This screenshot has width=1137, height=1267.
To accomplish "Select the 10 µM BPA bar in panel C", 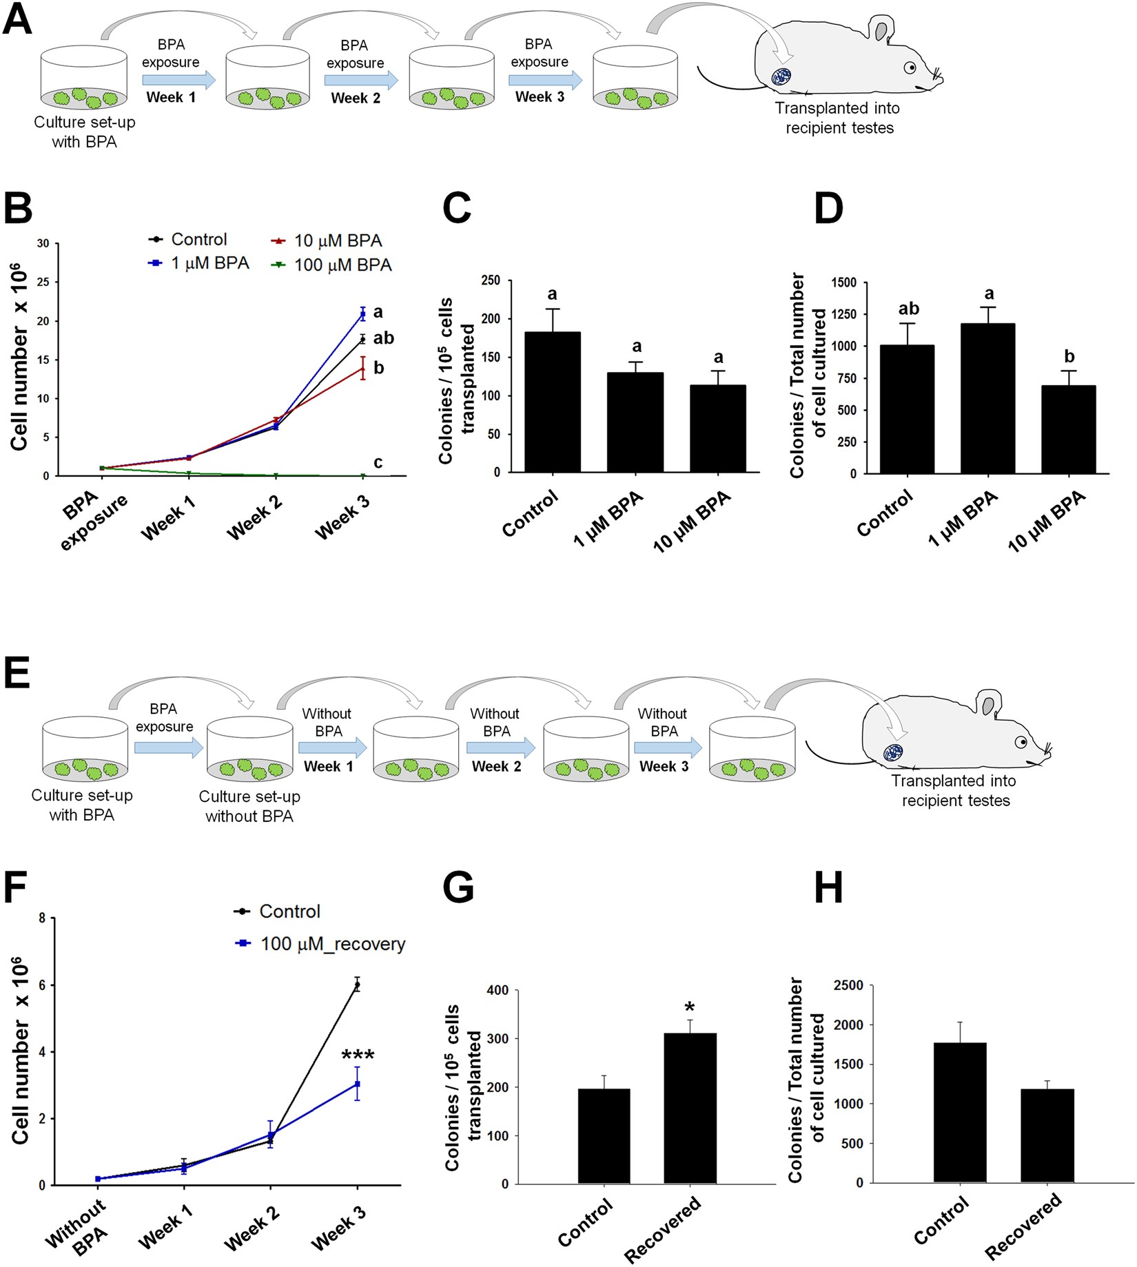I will [x=718, y=429].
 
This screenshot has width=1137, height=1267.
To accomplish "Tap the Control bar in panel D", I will [x=908, y=409].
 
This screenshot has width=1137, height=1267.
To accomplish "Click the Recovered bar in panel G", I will [x=690, y=1109].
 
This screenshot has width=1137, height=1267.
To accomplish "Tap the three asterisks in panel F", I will [x=358, y=1055].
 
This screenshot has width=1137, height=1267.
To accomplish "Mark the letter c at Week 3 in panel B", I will [x=378, y=462].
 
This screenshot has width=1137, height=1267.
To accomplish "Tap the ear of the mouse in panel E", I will [x=989, y=706].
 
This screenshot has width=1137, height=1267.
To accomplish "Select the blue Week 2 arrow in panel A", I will [x=361, y=80].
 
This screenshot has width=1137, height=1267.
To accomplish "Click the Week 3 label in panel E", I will [x=664, y=766].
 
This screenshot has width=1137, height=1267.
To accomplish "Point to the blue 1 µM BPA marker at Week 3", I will [x=362, y=314].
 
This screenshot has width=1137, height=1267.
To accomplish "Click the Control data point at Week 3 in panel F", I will [x=357, y=985].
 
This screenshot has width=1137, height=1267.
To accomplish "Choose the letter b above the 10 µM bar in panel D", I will [x=1069, y=356].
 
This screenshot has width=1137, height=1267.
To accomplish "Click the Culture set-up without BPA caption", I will [x=249, y=806].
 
